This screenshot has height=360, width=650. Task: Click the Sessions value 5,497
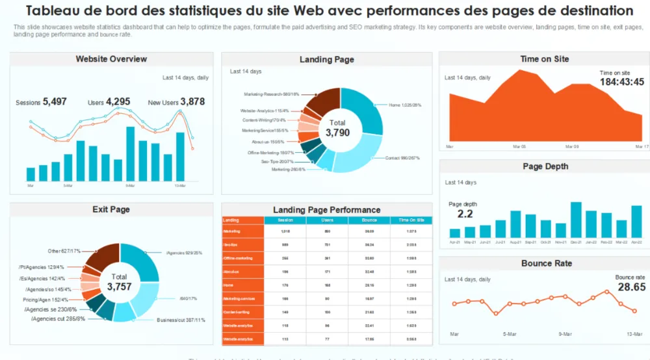pos(55,101)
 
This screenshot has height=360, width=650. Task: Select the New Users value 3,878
pos(192,101)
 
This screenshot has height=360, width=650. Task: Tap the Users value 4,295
pos(118,101)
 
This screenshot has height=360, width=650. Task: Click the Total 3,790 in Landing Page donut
pos(337,132)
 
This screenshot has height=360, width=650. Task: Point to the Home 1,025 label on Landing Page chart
pos(405,105)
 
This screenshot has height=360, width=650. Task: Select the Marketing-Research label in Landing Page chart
pos(272,94)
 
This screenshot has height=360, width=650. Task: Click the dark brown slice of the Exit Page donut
pos(102,257)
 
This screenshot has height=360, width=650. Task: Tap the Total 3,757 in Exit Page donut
pos(119,287)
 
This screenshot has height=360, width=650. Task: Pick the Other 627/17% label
pos(64,251)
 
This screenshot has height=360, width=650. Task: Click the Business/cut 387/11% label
pos(181,320)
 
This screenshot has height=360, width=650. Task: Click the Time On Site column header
pos(411,220)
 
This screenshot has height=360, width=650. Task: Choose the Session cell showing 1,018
pos(285,231)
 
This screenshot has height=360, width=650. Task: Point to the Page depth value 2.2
pos(465,214)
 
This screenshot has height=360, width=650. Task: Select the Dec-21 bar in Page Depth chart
pos(576,220)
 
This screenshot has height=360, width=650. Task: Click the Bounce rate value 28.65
pos(631,287)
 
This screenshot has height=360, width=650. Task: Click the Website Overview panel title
pos(111,59)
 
